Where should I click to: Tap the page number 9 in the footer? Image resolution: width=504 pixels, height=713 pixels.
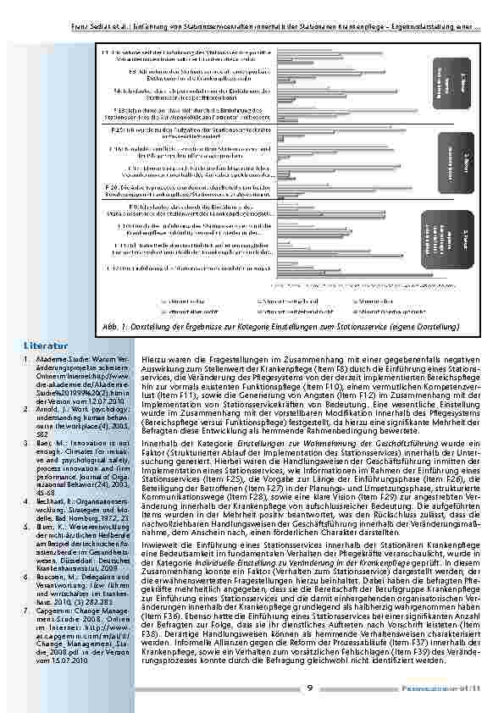(309, 688)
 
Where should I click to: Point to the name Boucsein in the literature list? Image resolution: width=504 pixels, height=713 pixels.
(51, 576)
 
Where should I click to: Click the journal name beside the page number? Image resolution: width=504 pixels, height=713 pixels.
(448, 688)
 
